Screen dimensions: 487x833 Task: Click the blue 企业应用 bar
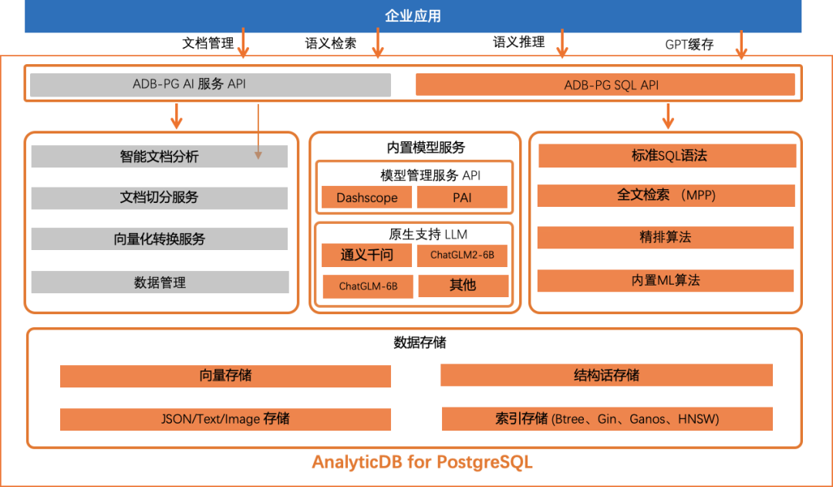point(413,16)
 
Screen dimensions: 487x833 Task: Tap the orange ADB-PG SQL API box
point(605,85)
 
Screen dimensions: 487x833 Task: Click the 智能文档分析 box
point(159,156)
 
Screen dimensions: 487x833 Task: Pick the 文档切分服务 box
point(159,198)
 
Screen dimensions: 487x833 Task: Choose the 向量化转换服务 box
point(159,239)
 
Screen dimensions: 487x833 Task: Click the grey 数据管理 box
point(159,282)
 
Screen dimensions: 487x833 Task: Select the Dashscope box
point(366,198)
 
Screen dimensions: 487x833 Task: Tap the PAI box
point(462,198)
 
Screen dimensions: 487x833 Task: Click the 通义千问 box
point(366,255)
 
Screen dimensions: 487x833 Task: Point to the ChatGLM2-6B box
point(462,255)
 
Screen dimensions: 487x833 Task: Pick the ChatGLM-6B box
point(368,286)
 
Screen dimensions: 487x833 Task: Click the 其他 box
point(463,286)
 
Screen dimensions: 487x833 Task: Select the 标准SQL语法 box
point(666,155)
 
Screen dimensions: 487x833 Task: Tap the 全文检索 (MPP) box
point(666,195)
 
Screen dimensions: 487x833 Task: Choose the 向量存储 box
point(225,376)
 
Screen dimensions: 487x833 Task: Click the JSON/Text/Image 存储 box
point(225,419)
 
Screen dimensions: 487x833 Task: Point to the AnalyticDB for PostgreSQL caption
point(422,463)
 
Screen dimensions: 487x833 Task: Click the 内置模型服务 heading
point(426,147)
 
